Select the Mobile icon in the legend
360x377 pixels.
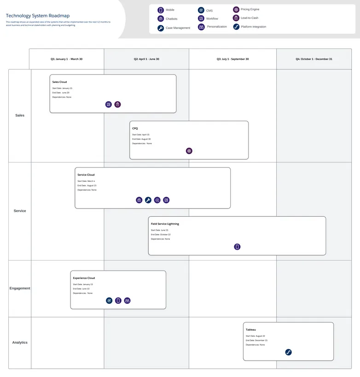tap(161, 10)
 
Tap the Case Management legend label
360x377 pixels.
tap(178, 28)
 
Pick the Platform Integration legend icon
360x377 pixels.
tap(236, 27)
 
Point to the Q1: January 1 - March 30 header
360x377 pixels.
tap(67, 59)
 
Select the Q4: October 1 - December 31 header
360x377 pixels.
tap(314, 59)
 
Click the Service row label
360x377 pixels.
tap(20, 211)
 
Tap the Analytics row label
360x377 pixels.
tap(20, 342)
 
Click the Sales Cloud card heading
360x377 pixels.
tap(59, 82)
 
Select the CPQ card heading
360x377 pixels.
tap(135, 128)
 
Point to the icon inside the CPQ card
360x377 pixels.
tap(189, 151)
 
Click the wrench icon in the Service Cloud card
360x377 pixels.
tap(148, 200)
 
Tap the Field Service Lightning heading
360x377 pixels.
tap(165, 224)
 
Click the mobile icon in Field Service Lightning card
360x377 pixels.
tap(237, 247)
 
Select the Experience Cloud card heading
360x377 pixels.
tap(84, 278)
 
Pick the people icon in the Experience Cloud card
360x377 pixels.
tap(128, 301)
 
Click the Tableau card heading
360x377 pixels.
tap(250, 330)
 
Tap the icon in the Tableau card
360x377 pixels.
tap(288, 352)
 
